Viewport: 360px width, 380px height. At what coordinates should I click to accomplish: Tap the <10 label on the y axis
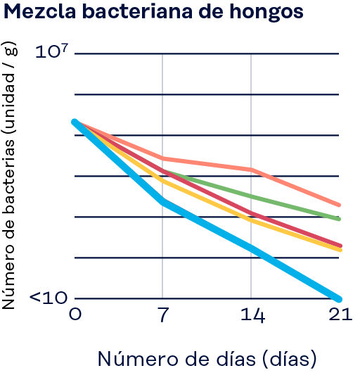click(48, 298)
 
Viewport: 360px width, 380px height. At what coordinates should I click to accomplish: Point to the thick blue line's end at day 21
click(339, 298)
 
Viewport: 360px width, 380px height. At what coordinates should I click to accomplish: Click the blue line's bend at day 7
click(162, 202)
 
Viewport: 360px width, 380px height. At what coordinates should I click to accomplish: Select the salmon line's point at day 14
click(251, 170)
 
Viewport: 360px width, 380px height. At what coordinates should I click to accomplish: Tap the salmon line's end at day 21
click(340, 205)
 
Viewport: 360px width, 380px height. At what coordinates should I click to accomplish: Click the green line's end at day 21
click(340, 219)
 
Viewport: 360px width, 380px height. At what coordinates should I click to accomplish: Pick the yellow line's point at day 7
click(162, 181)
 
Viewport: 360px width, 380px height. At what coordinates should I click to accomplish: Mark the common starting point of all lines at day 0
click(75, 122)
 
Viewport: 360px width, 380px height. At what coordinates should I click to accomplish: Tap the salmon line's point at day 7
click(162, 158)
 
